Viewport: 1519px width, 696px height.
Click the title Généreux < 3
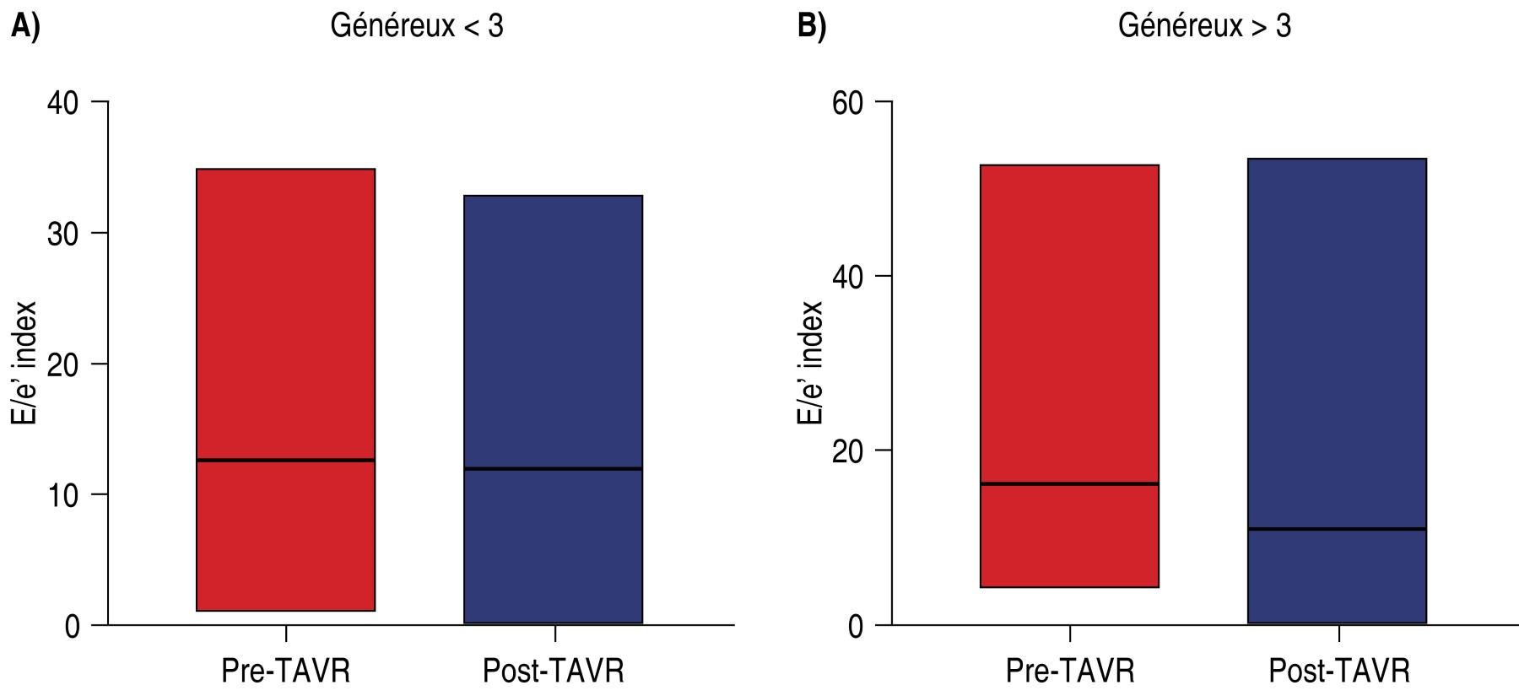pos(417,26)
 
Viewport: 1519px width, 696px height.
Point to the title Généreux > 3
pos(1204,26)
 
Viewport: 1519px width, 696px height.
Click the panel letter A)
pos(25,26)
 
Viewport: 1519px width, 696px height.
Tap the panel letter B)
pos(812,26)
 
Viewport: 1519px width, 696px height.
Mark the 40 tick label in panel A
pos(62,103)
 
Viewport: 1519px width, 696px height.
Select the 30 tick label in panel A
pos(62,234)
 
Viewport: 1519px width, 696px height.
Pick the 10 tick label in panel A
pos(62,495)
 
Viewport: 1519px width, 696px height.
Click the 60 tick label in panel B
pos(847,103)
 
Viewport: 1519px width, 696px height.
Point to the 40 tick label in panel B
pos(847,278)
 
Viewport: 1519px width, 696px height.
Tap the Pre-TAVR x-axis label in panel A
pos(285,671)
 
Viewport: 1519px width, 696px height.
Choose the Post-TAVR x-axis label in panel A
pos(554,671)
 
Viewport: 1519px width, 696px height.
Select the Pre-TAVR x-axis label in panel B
pos(1070,671)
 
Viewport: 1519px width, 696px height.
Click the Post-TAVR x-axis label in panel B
pos(1339,671)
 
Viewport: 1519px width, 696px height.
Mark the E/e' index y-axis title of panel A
pos(24,363)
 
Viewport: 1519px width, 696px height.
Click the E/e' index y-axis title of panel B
pos(810,363)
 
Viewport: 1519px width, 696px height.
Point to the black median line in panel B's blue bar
pos(1337,529)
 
